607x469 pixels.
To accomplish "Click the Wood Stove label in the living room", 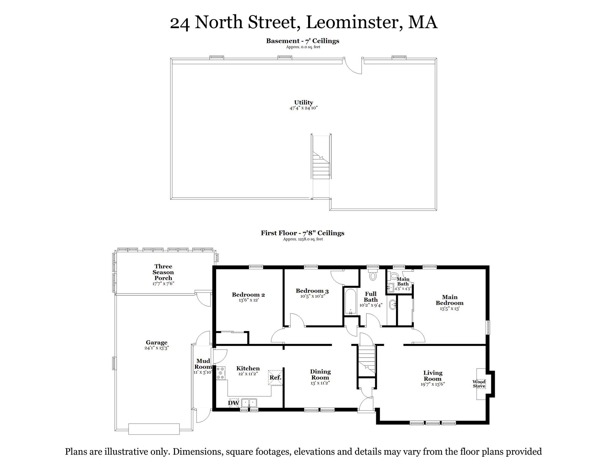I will click(x=479, y=384).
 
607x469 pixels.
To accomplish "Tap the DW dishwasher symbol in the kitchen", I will click(x=234, y=403).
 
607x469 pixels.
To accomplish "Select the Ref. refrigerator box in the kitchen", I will click(x=275, y=377).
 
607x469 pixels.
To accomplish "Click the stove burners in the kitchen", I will click(x=220, y=373).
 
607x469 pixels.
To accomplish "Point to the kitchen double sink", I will click(x=249, y=403).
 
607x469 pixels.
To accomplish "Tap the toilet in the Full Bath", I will click(x=373, y=276).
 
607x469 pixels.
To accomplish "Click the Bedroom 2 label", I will click(x=248, y=295).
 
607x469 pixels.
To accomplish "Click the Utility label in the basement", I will click(x=303, y=103).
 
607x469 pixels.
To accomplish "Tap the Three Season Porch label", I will click(x=163, y=272).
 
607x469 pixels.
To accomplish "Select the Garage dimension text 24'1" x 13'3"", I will click(x=157, y=348).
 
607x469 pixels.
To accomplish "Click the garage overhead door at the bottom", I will click(x=154, y=429).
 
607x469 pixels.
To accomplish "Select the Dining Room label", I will click(x=320, y=374).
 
